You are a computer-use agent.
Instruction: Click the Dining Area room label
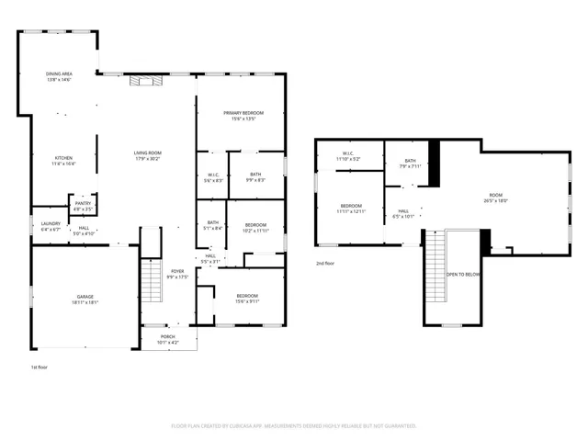pyautogui.click(x=59, y=76)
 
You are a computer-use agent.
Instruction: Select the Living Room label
pyautogui.click(x=147, y=155)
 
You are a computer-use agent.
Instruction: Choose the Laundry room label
pyautogui.click(x=50, y=226)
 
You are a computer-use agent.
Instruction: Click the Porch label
pyautogui.click(x=168, y=340)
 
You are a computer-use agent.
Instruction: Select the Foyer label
pyautogui.click(x=177, y=274)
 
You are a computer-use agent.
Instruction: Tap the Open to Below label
pyautogui.click(x=463, y=275)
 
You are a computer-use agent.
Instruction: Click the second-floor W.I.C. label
pyautogui.click(x=348, y=156)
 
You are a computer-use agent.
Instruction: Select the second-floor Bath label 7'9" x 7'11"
pyautogui.click(x=410, y=164)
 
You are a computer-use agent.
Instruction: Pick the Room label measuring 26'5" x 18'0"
pyautogui.click(x=496, y=198)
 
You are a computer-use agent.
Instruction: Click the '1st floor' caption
pyautogui.click(x=39, y=367)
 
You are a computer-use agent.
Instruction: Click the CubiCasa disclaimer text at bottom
pyautogui.click(x=294, y=425)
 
